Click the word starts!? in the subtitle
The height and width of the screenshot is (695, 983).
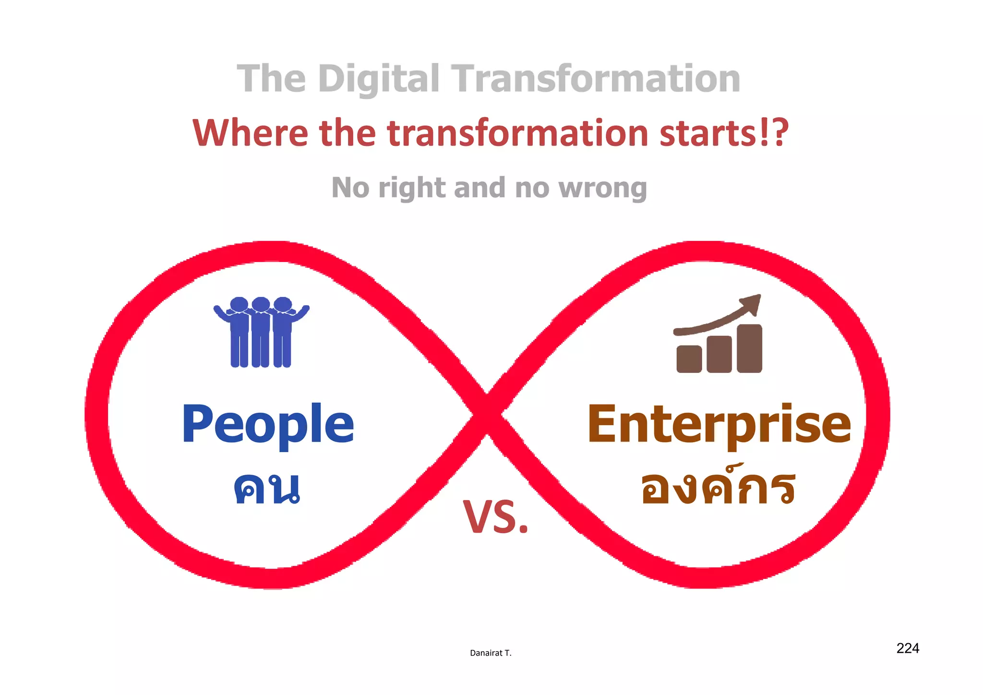pos(724,133)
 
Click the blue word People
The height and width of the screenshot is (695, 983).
pos(268,424)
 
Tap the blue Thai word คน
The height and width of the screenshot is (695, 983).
pos(267,488)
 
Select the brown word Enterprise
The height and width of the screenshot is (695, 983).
pos(719,424)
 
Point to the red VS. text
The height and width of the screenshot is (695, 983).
pos(495,517)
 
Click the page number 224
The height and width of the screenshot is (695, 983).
pos(908,648)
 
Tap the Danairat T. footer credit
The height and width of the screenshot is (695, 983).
pos(491,653)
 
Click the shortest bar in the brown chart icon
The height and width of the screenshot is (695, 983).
pos(689,359)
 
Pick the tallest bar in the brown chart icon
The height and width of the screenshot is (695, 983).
pos(749,348)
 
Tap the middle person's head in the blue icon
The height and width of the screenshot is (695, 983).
pos(261,304)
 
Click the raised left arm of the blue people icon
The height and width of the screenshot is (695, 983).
pos(222,313)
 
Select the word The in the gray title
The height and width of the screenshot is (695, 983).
pos(271,79)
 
